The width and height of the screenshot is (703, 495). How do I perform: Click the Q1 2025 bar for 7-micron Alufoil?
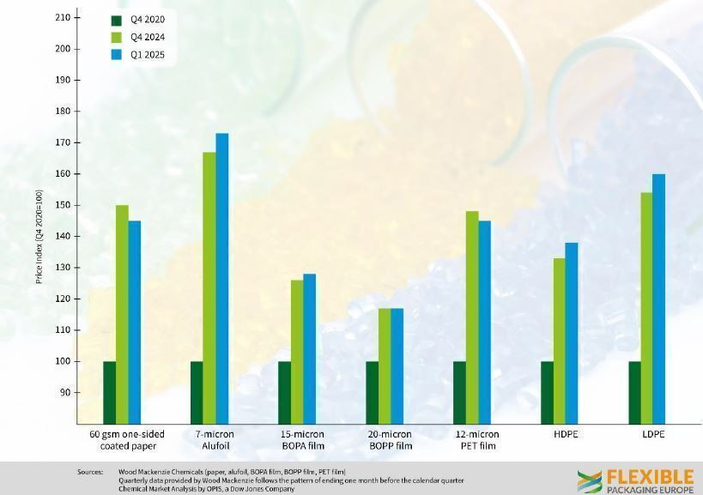(222, 278)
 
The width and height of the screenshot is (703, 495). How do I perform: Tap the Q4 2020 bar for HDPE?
(547, 392)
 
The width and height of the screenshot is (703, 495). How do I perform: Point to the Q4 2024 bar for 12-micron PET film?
(472, 317)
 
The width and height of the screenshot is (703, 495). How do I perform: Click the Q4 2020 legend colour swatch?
(117, 19)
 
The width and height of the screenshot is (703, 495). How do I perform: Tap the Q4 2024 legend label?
(148, 37)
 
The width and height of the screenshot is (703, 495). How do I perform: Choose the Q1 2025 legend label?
(148, 55)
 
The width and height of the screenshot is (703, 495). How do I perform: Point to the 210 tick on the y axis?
(63, 17)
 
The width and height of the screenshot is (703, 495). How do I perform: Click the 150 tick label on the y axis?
(63, 205)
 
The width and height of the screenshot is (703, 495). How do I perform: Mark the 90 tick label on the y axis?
(65, 392)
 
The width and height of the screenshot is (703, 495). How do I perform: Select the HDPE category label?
(566, 434)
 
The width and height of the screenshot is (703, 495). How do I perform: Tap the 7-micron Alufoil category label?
(215, 440)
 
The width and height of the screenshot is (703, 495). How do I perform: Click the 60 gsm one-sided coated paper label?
(127, 440)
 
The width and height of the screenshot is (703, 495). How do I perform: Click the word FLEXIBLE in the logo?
(650, 476)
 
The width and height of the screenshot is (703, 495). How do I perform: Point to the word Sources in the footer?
(90, 472)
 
